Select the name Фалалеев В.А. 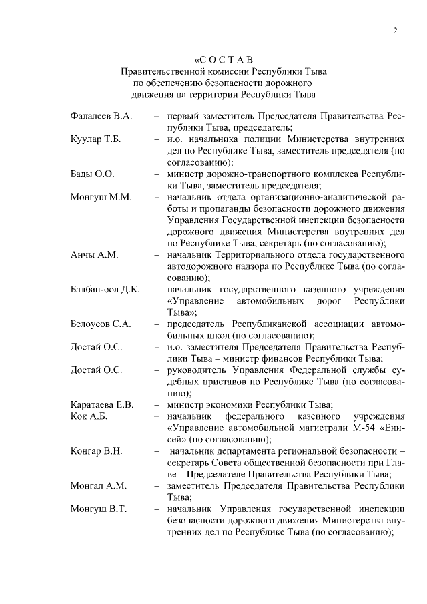tap(101, 116)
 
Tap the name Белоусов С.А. tap(101, 324)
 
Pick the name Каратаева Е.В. tap(103, 404)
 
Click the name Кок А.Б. tap(89, 416)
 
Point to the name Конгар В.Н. tap(97, 451)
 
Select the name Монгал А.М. tap(98, 486)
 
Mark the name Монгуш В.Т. tap(99, 509)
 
